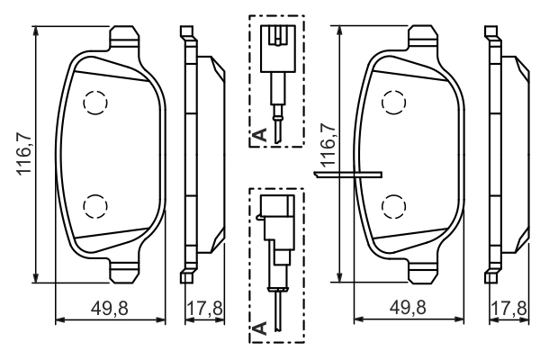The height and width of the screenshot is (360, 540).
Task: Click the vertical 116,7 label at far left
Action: pyautogui.click(x=26, y=150)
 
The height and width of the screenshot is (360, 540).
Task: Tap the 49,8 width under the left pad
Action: pyautogui.click(x=110, y=308)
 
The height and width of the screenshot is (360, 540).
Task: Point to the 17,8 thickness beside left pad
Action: pyautogui.click(x=205, y=308)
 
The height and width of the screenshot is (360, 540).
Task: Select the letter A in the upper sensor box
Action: pyautogui.click(x=258, y=135)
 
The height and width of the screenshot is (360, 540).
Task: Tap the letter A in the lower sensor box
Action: pyautogui.click(x=258, y=328)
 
